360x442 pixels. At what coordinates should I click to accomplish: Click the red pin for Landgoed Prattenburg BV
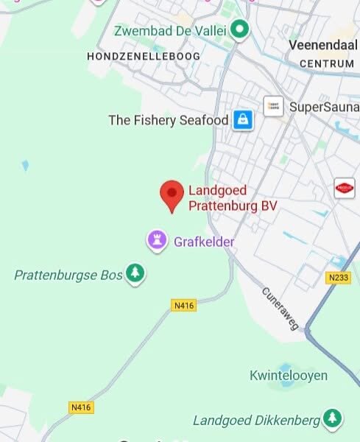172,194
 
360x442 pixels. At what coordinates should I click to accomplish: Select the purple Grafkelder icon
156,240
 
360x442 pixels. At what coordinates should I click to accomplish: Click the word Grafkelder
204,242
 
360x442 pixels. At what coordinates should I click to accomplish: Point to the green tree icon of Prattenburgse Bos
135,273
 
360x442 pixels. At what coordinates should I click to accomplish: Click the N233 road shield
338,277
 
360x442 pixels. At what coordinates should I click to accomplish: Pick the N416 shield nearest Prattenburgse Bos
184,305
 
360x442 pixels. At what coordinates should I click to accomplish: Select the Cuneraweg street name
280,307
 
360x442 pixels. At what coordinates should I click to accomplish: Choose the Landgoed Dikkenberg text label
257,420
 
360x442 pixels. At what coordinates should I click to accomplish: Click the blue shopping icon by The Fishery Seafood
243,119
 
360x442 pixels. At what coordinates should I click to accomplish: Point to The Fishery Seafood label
168,120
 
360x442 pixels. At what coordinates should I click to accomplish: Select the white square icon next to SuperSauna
273,106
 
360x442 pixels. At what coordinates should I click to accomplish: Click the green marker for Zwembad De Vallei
239,30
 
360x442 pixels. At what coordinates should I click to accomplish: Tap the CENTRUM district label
327,64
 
